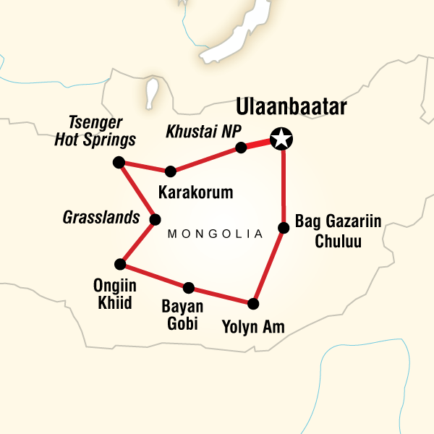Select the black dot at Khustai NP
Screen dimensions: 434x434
click(241, 148)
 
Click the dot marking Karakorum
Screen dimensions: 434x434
click(170, 171)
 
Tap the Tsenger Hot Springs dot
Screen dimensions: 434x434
click(119, 162)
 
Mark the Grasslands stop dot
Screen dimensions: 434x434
click(154, 219)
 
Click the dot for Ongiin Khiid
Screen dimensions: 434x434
click(120, 264)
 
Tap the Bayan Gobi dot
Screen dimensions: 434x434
click(189, 286)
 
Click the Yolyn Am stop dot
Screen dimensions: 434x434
click(253, 303)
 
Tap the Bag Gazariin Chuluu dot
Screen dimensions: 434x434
click(284, 229)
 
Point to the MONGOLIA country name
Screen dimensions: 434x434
click(214, 234)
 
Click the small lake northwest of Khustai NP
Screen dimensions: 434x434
click(153, 93)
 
